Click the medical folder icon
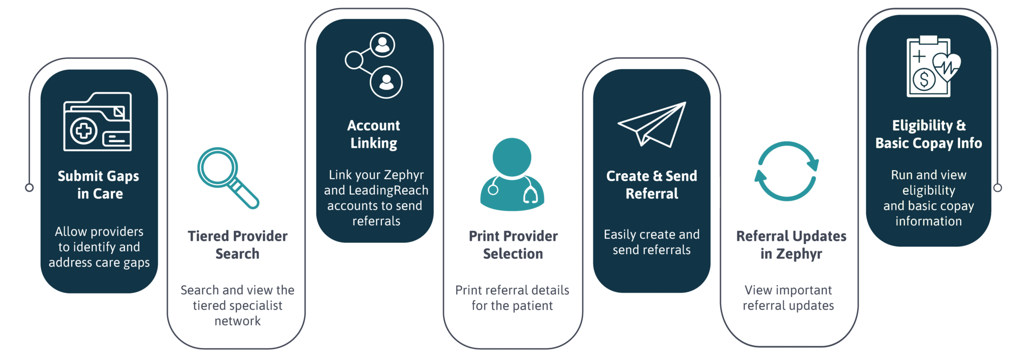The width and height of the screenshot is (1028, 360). coord(97,122)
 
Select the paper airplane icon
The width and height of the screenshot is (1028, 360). coord(652,124)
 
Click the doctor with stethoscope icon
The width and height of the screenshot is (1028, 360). coord(512,174)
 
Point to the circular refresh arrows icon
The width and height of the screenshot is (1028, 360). coord(787,171)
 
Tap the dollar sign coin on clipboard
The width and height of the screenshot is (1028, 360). coord(924,79)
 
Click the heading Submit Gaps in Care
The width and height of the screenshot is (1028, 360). coord(98,185)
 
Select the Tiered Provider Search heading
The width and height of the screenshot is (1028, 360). coord(237,245)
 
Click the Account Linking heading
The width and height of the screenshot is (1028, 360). coord(374,134)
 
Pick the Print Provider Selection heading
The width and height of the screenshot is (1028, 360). coord(513,245)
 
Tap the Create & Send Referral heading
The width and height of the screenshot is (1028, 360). coord(652,185)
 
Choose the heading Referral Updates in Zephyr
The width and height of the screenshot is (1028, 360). coord(791,245)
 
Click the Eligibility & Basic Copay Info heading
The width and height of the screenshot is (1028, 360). coord(929,134)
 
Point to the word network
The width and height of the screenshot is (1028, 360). coord(237,321)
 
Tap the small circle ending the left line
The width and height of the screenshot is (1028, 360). coord(30,188)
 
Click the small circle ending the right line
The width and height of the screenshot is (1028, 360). coord(997,188)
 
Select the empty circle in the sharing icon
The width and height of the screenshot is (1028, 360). coord(354,60)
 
